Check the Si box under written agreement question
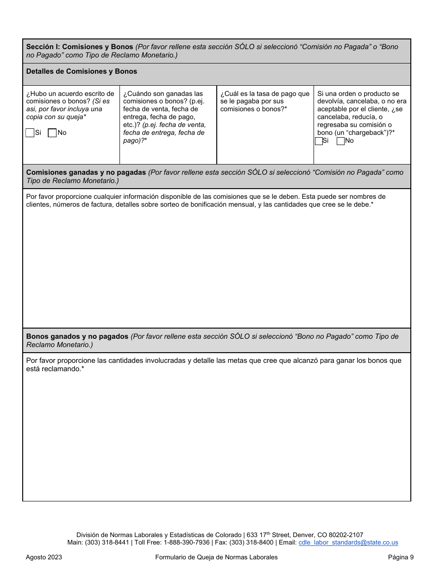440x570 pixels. (30, 133)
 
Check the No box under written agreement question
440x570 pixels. (52, 133)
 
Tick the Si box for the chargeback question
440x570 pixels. (319, 141)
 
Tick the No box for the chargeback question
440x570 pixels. (340, 141)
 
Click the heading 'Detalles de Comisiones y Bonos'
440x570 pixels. (82, 71)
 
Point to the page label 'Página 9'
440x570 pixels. (401, 557)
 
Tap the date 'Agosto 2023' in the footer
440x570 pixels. (44, 557)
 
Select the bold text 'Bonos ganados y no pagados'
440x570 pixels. (77, 336)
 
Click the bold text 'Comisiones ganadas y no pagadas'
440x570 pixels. (86, 172)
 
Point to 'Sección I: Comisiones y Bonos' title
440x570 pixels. (80, 47)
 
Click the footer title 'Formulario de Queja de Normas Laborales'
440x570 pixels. (216, 557)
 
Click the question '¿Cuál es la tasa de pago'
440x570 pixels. (264, 94)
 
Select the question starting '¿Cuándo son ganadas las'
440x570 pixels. (163, 94)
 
